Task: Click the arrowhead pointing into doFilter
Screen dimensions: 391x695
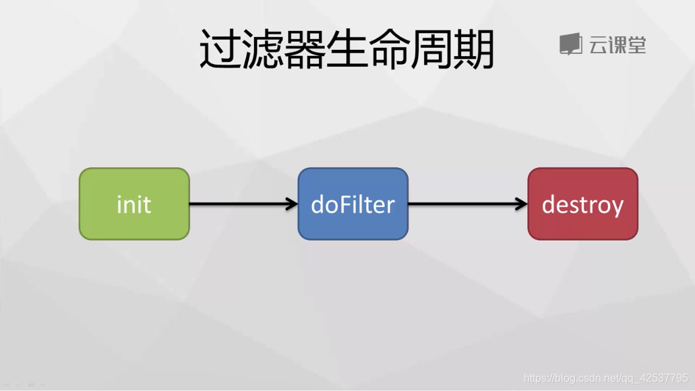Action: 292,204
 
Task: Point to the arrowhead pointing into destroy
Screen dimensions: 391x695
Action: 521,204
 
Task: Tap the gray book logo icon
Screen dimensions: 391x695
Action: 570,44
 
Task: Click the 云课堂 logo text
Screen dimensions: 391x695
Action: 617,45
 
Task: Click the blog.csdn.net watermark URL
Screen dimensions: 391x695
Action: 605,378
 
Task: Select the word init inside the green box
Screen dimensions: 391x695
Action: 133,204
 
